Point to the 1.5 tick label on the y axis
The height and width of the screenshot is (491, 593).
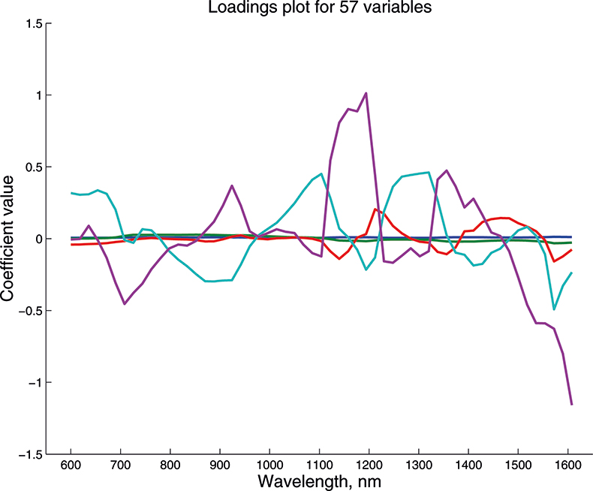click(31, 23)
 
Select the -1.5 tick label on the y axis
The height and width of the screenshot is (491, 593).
click(28, 454)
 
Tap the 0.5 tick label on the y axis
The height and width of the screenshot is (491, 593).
click(31, 167)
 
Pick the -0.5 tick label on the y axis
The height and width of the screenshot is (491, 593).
click(28, 311)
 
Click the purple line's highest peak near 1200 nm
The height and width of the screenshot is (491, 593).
click(366, 93)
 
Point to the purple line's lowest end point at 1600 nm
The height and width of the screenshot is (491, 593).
click(571, 404)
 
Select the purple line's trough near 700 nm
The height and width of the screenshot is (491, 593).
click(125, 303)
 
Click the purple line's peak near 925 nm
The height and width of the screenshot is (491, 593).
click(232, 185)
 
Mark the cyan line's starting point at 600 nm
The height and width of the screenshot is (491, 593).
click(71, 193)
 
